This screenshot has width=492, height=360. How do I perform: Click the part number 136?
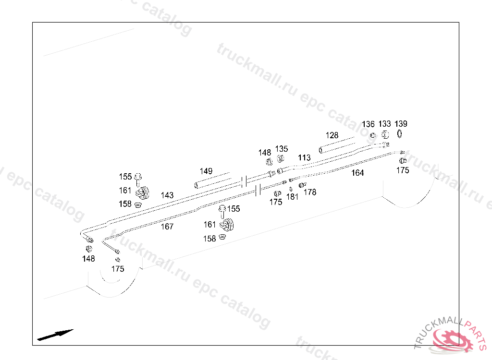click(368, 124)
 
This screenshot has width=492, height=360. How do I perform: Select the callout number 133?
click(385, 124)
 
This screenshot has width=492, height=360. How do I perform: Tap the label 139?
click(401, 124)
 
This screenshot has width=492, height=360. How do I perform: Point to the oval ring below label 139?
click(399, 134)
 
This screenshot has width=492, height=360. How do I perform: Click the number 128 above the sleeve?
click(332, 135)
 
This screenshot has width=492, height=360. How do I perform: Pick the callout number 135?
click(282, 149)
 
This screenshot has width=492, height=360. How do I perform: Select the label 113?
click(304, 157)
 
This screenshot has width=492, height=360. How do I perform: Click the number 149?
click(206, 171)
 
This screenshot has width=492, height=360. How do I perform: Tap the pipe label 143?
click(167, 195)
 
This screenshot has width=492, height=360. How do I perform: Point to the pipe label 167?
click(167, 227)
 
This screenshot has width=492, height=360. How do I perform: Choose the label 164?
click(357, 173)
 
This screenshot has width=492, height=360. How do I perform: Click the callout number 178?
click(310, 192)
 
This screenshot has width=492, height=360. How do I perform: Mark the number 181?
click(292, 197)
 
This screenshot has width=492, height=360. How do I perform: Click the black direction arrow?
click(55, 335)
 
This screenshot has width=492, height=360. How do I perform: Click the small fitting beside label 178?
click(303, 185)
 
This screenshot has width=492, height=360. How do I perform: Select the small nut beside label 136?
click(373, 135)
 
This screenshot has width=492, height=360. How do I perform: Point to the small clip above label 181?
click(291, 189)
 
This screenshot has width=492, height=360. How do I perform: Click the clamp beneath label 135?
click(281, 159)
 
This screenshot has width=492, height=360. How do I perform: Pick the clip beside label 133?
click(385, 135)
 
